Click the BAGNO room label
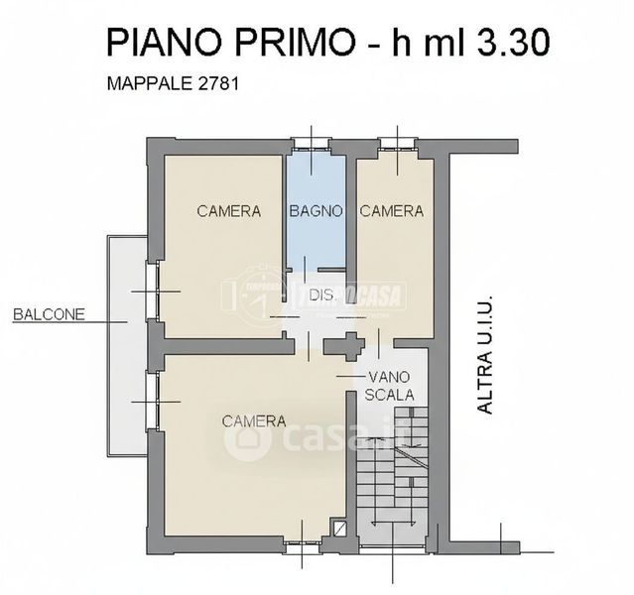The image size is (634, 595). point(317,211)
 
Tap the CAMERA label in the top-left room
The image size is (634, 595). point(229,211)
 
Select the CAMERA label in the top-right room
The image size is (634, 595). point(392,211)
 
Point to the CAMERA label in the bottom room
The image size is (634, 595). point(254,421)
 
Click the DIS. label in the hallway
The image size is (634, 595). point(321,296)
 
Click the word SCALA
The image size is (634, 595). point(389,395)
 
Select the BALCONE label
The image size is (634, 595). point(50,314)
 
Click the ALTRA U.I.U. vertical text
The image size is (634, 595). point(485,354)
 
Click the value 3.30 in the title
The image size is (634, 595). point(514,43)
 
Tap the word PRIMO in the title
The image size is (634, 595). point(295,43)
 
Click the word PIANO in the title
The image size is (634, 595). point(165,43)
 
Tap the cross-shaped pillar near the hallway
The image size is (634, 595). point(344,346)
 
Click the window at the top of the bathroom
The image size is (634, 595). point(312,144)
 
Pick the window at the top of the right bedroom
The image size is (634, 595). point(397,144)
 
